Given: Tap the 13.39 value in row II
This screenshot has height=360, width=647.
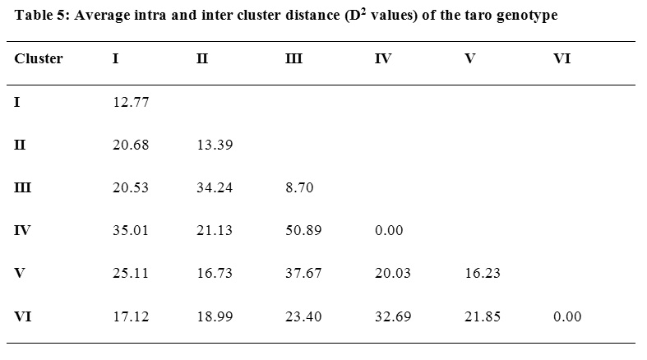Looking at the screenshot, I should [215, 145].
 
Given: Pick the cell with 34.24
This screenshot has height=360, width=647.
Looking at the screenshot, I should [215, 188].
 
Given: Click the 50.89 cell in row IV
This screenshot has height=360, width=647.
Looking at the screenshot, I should [302, 231].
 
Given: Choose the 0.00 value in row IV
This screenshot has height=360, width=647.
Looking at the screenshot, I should [389, 231].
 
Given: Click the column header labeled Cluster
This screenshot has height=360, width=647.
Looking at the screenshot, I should [39, 59].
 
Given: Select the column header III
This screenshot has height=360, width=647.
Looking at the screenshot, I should [293, 59].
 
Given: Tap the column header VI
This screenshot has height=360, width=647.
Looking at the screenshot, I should [562, 59].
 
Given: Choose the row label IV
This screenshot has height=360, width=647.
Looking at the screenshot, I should [22, 231].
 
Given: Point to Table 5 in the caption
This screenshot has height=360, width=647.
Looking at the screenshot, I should [38, 16].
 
